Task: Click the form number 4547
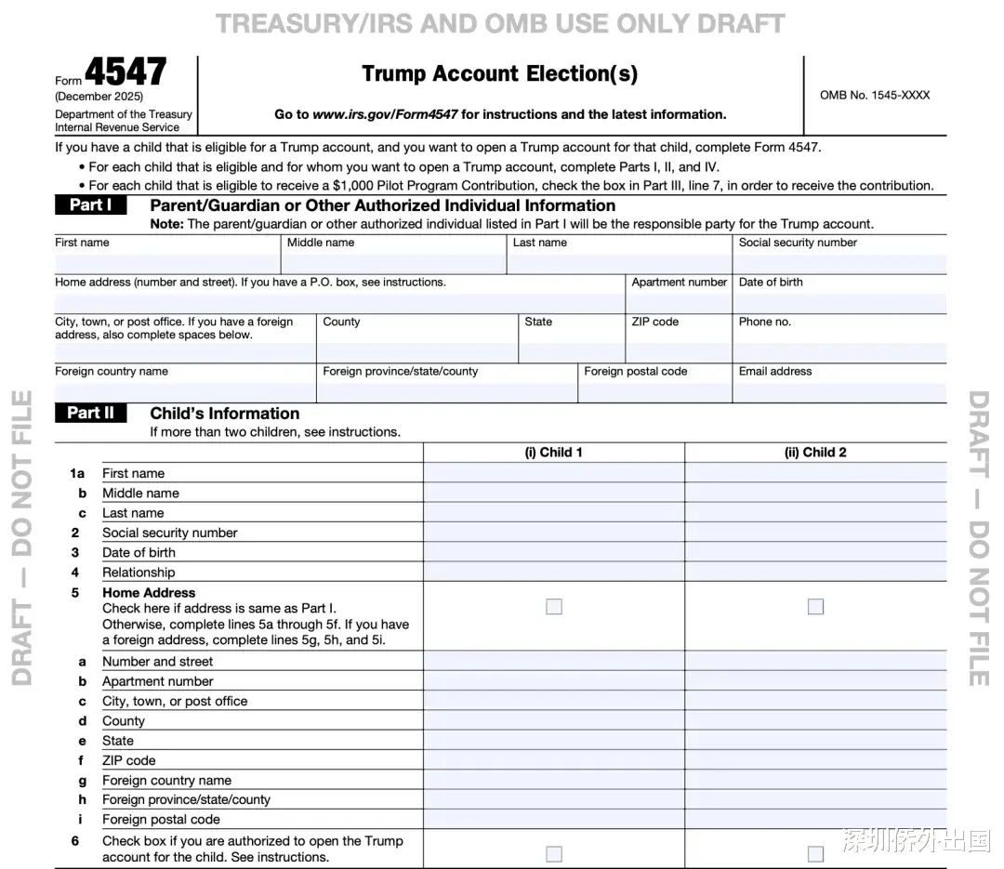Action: pos(126,72)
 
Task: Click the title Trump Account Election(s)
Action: pos(500,73)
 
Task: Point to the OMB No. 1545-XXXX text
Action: pos(875,95)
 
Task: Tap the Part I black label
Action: pos(90,205)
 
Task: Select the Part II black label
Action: pos(90,414)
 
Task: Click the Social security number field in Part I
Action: pos(840,264)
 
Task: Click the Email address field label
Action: pos(775,372)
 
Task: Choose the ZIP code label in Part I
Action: pos(655,323)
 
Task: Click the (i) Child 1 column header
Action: pos(554,453)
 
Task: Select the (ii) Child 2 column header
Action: pos(815,453)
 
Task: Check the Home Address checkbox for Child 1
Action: pos(554,607)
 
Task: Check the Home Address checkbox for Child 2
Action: pos(815,607)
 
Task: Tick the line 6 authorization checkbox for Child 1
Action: pos(554,853)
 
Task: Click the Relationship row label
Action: pos(139,573)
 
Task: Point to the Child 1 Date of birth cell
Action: pos(554,552)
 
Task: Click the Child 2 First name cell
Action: pos(815,473)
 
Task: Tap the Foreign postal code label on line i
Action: pos(161,820)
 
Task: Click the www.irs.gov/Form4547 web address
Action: pos(385,114)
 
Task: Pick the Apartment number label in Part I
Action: pos(679,283)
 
